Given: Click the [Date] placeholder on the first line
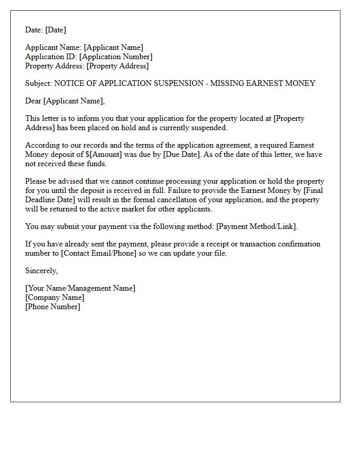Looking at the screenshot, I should (x=56, y=30).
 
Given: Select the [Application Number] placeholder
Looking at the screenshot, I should (x=116, y=57).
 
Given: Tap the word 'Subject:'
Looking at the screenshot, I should (x=39, y=83).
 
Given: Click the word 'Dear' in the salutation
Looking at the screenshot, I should (x=33, y=101).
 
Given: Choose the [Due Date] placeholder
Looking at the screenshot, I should (x=183, y=154).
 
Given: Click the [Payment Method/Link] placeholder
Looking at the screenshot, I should (x=257, y=226).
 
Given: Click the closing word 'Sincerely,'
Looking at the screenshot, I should (x=42, y=271).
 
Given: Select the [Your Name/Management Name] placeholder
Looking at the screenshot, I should (x=80, y=288).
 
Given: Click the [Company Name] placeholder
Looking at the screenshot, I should (x=55, y=297).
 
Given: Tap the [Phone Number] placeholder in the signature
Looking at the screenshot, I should (x=52, y=307).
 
